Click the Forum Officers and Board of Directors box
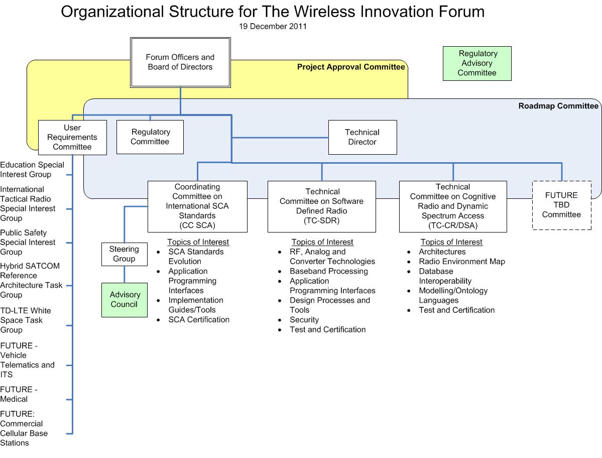[180, 62]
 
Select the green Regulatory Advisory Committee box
[477, 63]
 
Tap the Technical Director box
[362, 137]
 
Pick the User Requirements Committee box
[72, 137]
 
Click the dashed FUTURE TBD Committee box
[561, 205]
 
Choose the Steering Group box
[124, 254]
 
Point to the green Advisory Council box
[125, 299]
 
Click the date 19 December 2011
[273, 27]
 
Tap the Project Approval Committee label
[351, 67]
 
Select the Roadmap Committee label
[558, 106]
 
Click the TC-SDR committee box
[321, 206]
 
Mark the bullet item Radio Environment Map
[462, 262]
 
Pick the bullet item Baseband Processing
[328, 271]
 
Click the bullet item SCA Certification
[199, 319]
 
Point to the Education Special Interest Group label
[32, 169]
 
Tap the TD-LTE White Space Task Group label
[25, 320]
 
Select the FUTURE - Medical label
[19, 394]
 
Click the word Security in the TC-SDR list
[304, 319]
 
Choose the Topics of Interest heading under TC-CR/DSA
[451, 242]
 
